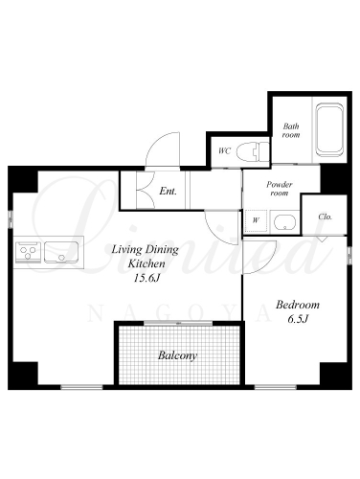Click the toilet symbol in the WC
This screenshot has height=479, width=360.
coord(254,151)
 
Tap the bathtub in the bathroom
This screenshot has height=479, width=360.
coord(329,129)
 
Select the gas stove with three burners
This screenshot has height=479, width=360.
coord(28,252)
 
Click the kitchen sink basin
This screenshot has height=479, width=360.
coord(61,252)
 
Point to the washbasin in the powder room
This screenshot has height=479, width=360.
coord(284,222)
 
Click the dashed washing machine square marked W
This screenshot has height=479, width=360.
coord(256,221)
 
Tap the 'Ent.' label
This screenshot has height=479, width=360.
coord(168,192)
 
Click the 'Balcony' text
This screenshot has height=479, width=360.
coord(177,355)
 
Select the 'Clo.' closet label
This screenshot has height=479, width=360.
coord(326,217)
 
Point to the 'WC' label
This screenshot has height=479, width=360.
coord(225,150)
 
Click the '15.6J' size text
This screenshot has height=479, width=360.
coord(146,279)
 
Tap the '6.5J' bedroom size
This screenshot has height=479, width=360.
coord(298,319)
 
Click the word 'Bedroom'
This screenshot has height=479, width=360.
coord(298,305)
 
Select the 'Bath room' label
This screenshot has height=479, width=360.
coord(291,130)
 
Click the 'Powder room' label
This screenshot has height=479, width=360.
coord(280,189)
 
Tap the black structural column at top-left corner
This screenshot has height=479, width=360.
coord(23,179)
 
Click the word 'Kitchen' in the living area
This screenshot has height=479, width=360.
coord(146,264)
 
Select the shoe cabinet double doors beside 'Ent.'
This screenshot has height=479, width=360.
coord(146,191)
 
